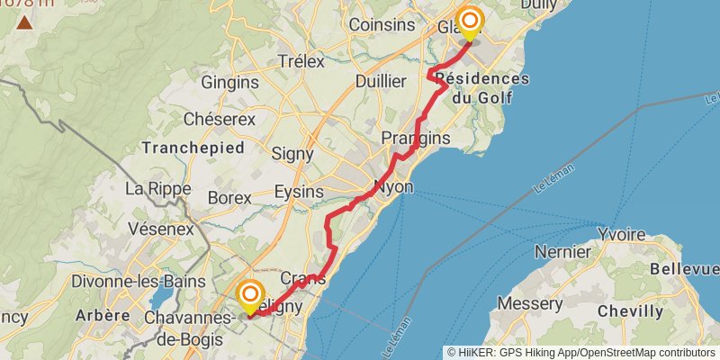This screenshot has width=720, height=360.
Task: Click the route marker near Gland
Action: click(469, 22)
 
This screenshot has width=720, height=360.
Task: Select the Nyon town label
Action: click(393, 188)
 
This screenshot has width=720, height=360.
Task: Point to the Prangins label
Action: click(415, 138)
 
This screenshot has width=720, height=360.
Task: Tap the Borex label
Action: click(229, 197)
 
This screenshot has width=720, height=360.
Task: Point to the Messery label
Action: click(531, 304)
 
